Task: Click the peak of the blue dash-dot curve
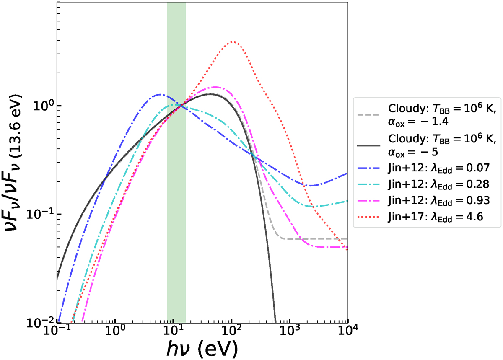point(160,95)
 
